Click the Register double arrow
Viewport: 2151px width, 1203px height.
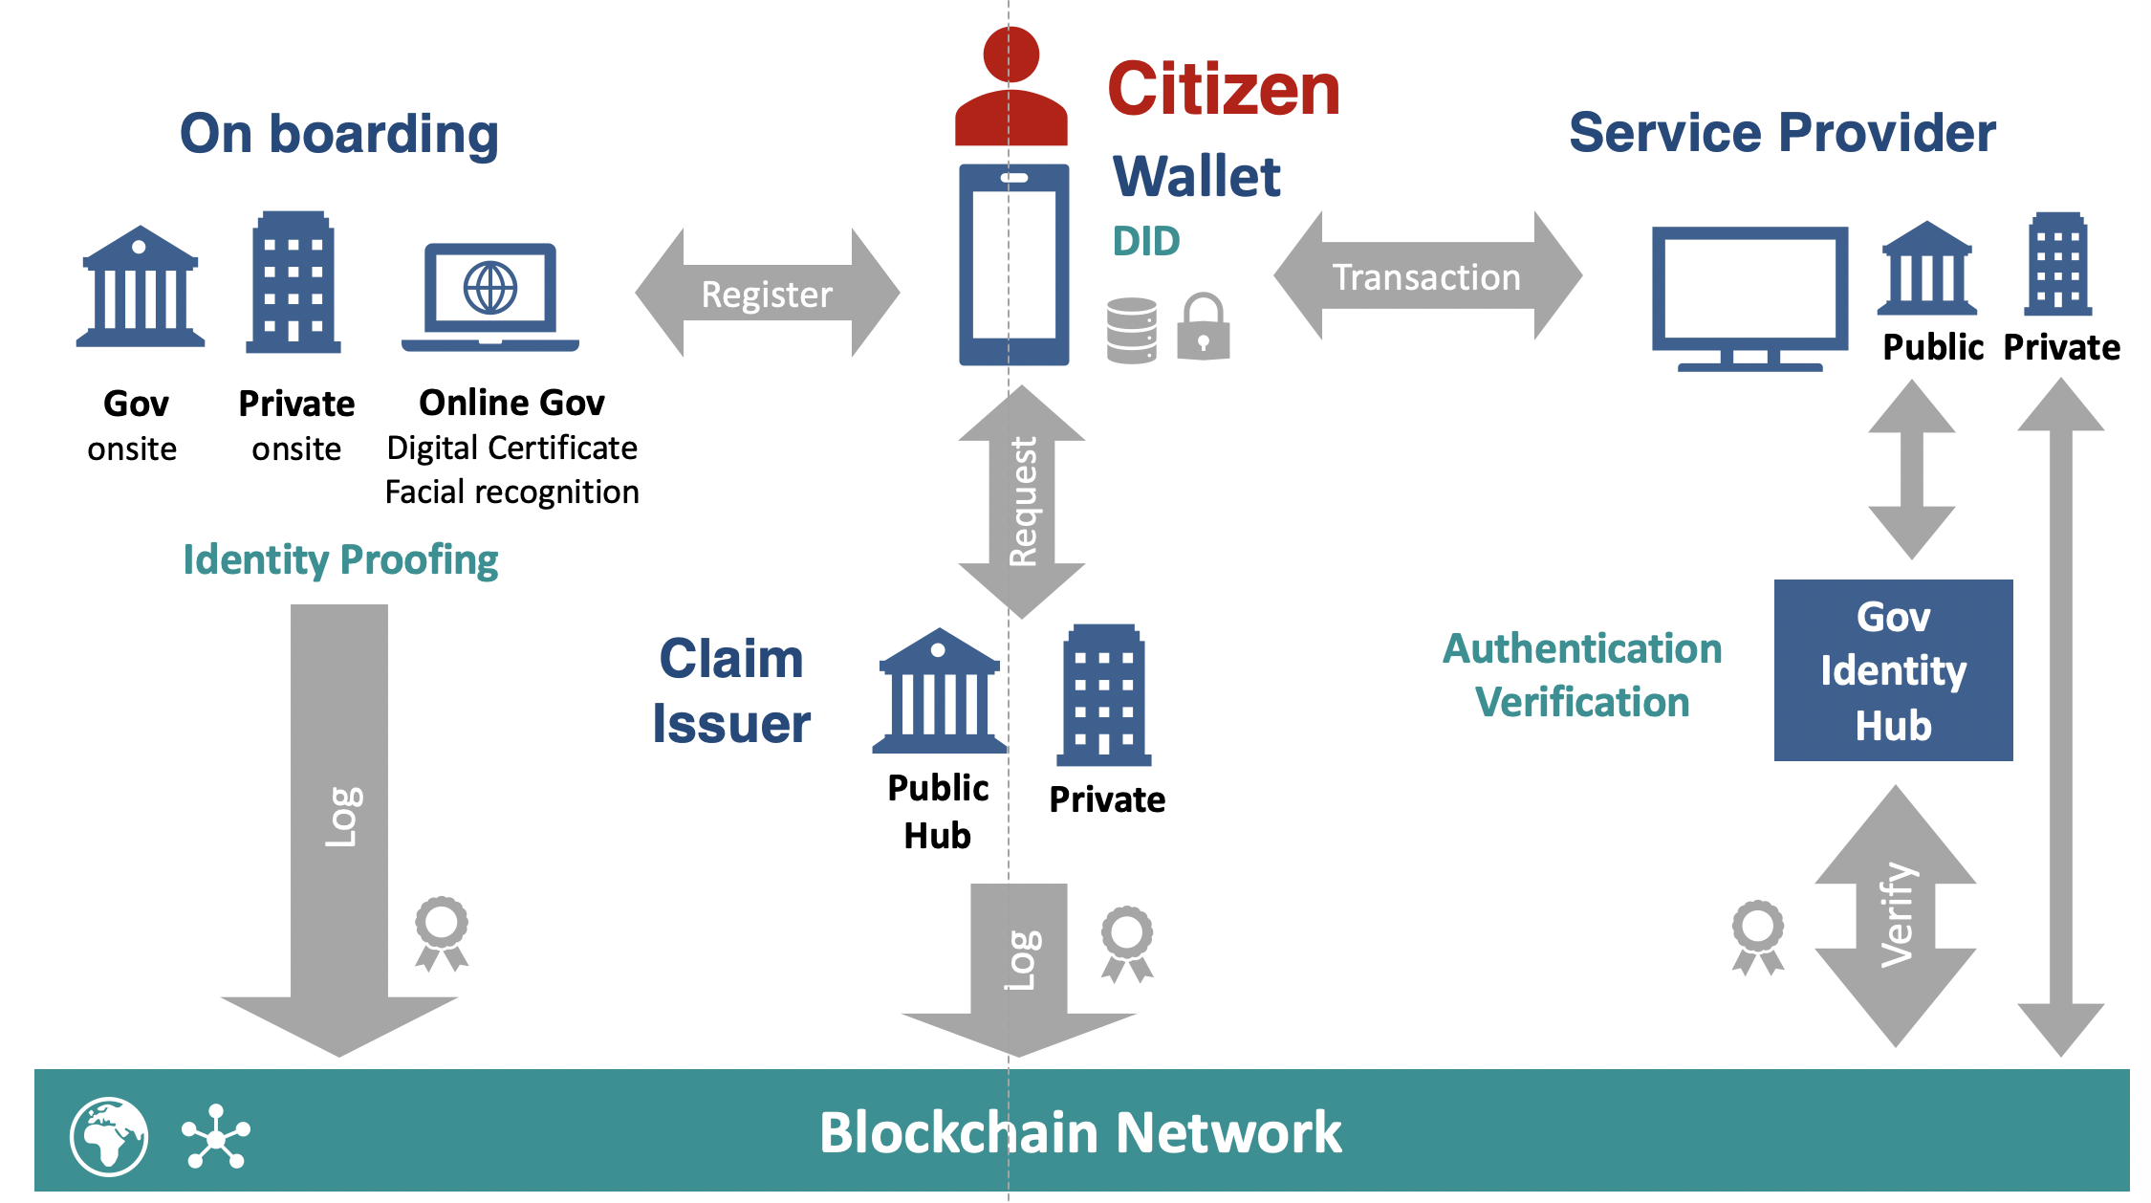click(x=767, y=294)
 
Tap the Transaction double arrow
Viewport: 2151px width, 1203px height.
click(x=1426, y=276)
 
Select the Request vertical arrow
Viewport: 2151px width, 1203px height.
click(x=1021, y=501)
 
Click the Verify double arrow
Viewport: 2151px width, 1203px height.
click(x=1895, y=915)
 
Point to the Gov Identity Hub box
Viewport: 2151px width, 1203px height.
click(x=1893, y=670)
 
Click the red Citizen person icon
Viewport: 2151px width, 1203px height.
click(x=1010, y=88)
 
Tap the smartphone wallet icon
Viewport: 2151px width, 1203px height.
click(x=1013, y=265)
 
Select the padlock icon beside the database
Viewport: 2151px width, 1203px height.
click(x=1203, y=327)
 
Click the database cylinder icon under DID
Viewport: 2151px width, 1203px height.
click(x=1132, y=330)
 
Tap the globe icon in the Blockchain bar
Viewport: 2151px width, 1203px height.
click(x=109, y=1136)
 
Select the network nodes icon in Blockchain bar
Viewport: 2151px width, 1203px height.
click(x=216, y=1137)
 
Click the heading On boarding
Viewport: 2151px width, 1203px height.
click(x=339, y=134)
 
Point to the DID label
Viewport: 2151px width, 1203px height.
click(x=1146, y=241)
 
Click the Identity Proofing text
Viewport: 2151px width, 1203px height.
click(x=340, y=559)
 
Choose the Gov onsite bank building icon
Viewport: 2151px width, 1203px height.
click(x=140, y=286)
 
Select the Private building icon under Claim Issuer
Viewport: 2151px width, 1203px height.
click(x=1103, y=695)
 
